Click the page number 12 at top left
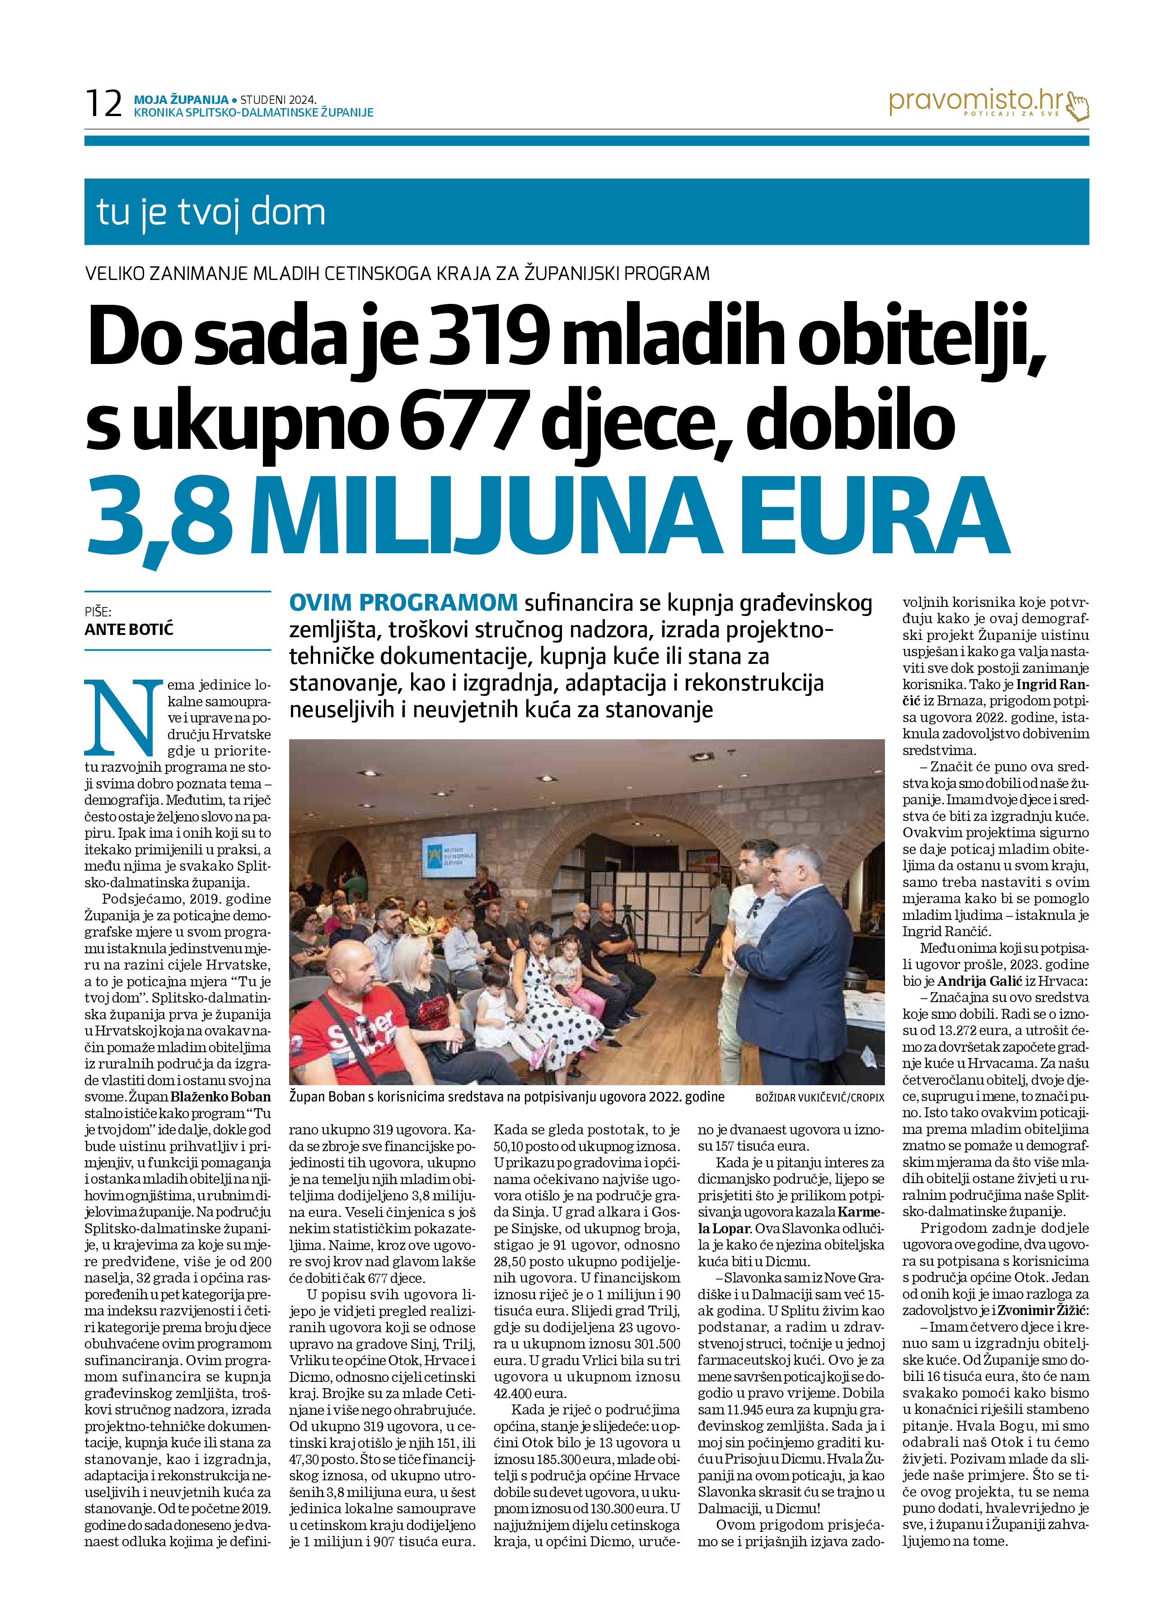point(103,104)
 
